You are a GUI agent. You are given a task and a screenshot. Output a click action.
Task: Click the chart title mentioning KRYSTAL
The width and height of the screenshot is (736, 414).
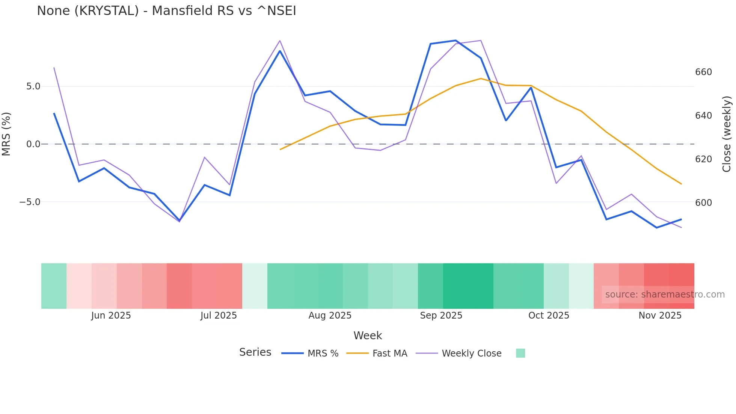coord(166,11)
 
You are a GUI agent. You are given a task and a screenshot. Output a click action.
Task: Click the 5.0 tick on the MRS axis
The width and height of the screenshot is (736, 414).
coord(33,86)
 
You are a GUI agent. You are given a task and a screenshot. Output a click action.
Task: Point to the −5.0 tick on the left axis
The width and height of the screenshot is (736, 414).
coord(30,202)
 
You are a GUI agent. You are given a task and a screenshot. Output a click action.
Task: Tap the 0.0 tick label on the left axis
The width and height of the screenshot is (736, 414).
coord(33,144)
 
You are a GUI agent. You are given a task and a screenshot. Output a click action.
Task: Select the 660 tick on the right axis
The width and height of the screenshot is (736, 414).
coord(703,72)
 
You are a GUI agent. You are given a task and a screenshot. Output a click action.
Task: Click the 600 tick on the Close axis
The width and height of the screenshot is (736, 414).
coord(703,203)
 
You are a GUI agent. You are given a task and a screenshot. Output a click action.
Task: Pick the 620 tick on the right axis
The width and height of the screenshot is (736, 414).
coord(703,159)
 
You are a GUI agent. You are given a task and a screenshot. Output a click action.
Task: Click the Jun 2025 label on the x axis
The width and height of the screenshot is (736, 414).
coord(111,316)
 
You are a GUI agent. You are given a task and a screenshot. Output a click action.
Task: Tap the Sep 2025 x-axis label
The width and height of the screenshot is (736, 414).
coord(441,316)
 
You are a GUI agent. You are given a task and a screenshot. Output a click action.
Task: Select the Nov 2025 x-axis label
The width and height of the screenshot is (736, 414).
coord(660,316)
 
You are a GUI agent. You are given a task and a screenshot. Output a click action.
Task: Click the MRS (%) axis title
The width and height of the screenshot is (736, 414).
coord(6,134)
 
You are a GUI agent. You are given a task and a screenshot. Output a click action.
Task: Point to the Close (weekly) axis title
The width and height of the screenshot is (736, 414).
coord(727,134)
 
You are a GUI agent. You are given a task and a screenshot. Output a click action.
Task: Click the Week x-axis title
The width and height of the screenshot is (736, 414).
coord(368,335)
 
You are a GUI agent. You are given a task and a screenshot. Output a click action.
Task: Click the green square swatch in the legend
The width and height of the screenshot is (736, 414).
coord(520,353)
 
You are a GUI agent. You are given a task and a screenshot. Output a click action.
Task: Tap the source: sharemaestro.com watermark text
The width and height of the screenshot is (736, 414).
coord(665,295)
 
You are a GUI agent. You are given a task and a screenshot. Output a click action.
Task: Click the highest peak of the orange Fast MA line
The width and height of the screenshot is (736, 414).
coord(481,79)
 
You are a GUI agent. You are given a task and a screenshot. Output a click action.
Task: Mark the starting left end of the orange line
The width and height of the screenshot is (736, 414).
coord(280,150)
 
